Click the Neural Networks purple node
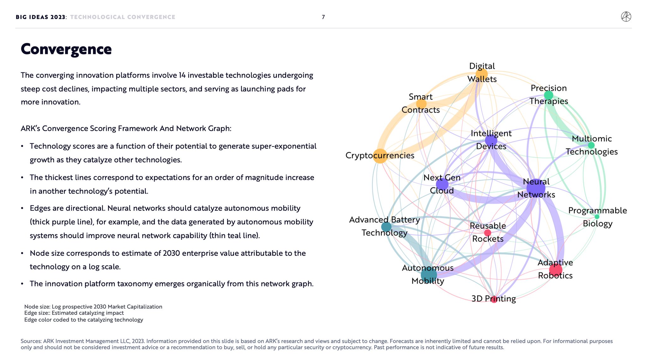(x=536, y=188)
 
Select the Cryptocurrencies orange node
(x=380, y=156)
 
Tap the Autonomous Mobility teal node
(x=429, y=274)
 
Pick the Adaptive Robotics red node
(x=555, y=270)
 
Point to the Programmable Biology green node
(x=597, y=217)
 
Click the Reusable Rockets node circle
(x=487, y=233)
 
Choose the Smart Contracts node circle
(x=421, y=104)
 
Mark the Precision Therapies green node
(x=548, y=95)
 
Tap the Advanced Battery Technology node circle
(x=386, y=226)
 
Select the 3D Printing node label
(x=493, y=298)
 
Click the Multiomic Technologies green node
(x=591, y=145)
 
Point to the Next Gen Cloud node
(x=442, y=184)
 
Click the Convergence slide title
(x=66, y=49)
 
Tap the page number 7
(x=323, y=17)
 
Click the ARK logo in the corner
(x=626, y=17)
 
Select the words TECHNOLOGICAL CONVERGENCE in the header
(x=123, y=17)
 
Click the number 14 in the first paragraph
(x=182, y=75)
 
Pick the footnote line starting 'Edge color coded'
(x=84, y=320)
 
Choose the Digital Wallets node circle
(x=481, y=75)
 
